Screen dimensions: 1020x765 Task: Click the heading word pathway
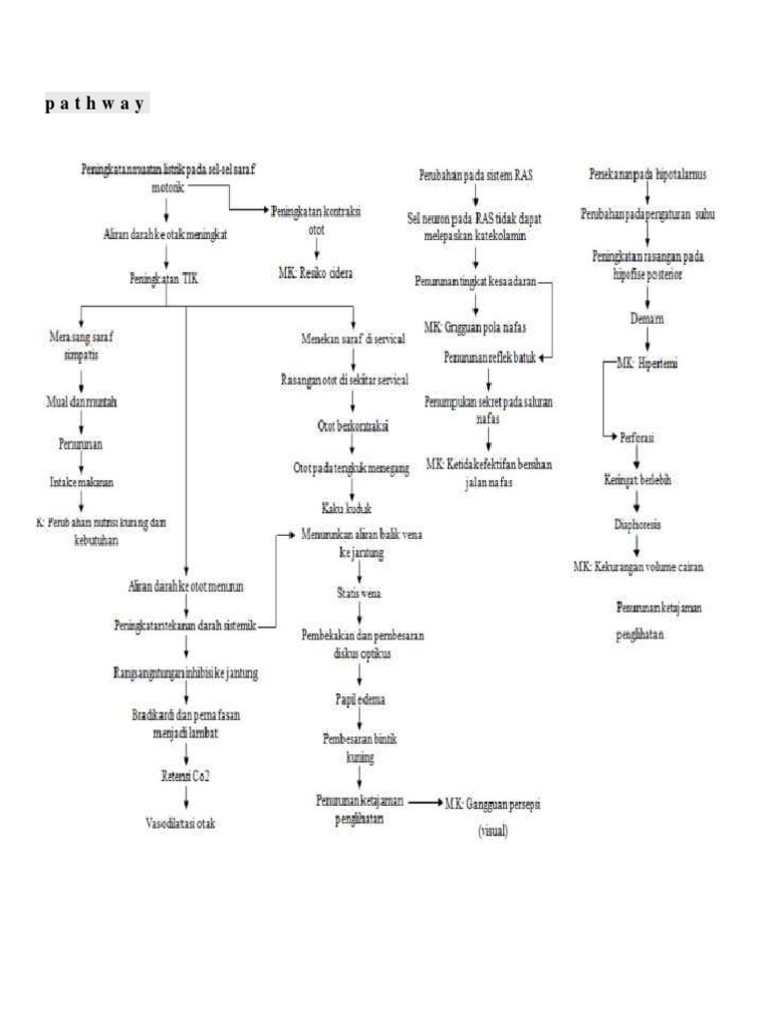96,104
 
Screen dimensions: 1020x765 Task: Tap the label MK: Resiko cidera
317,272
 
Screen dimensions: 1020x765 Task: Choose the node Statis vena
359,595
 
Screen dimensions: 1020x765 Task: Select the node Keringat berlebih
638,478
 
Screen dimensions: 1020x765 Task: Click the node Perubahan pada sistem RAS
475,175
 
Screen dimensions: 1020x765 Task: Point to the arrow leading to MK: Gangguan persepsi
412,802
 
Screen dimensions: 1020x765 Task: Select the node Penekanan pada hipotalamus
647,175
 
